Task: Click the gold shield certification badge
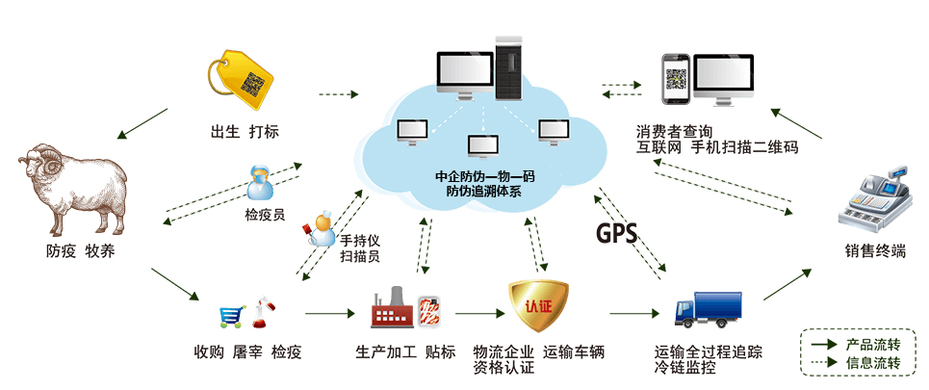pyautogui.click(x=537, y=306)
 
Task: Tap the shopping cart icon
pyautogui.click(x=230, y=315)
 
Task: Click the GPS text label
pyautogui.click(x=616, y=234)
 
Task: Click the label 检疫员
pyautogui.click(x=265, y=215)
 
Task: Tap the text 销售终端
pyautogui.click(x=875, y=252)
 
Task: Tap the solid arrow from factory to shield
pyautogui.click(x=478, y=313)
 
